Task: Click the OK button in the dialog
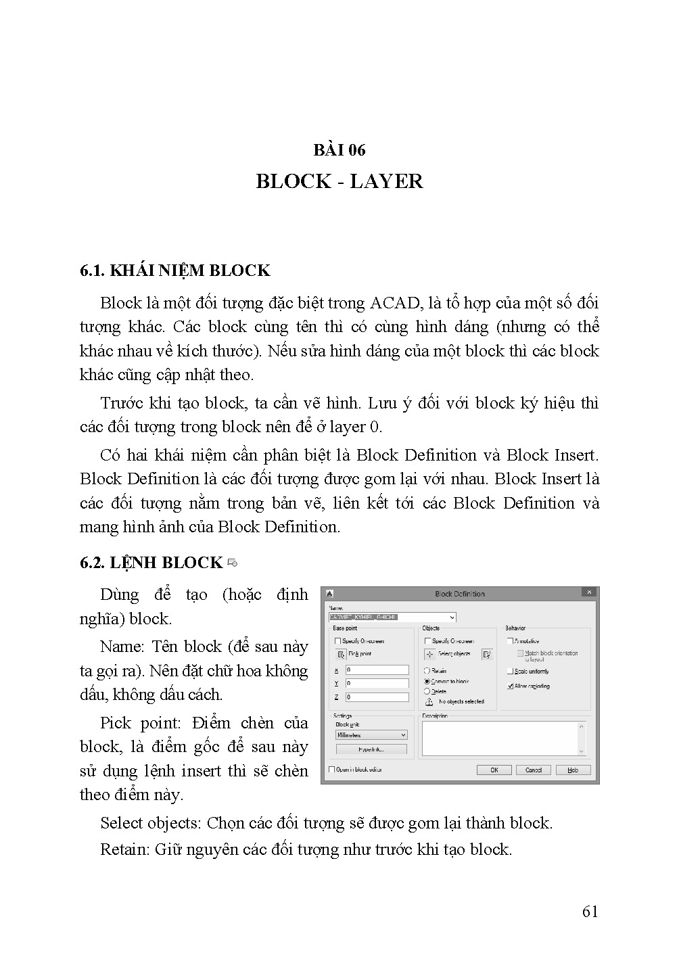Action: coord(494,770)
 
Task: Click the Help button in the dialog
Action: coord(573,770)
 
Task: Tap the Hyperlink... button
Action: coord(371,749)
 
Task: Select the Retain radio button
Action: coord(427,671)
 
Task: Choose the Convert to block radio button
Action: coord(427,682)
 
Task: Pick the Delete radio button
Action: coord(427,691)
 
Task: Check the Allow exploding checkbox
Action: coord(510,686)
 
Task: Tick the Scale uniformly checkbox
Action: coord(510,672)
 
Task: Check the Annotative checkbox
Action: coord(510,640)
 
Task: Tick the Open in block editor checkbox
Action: coord(331,770)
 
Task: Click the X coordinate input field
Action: coord(377,670)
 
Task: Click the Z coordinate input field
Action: coord(377,697)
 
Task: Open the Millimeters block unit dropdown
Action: coord(371,735)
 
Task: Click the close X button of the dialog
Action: coord(590,593)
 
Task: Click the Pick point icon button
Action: coord(341,654)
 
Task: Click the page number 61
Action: coord(590,912)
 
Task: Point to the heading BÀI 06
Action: coord(339,150)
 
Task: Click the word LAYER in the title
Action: coord(386,181)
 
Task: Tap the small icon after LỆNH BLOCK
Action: coord(233,563)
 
